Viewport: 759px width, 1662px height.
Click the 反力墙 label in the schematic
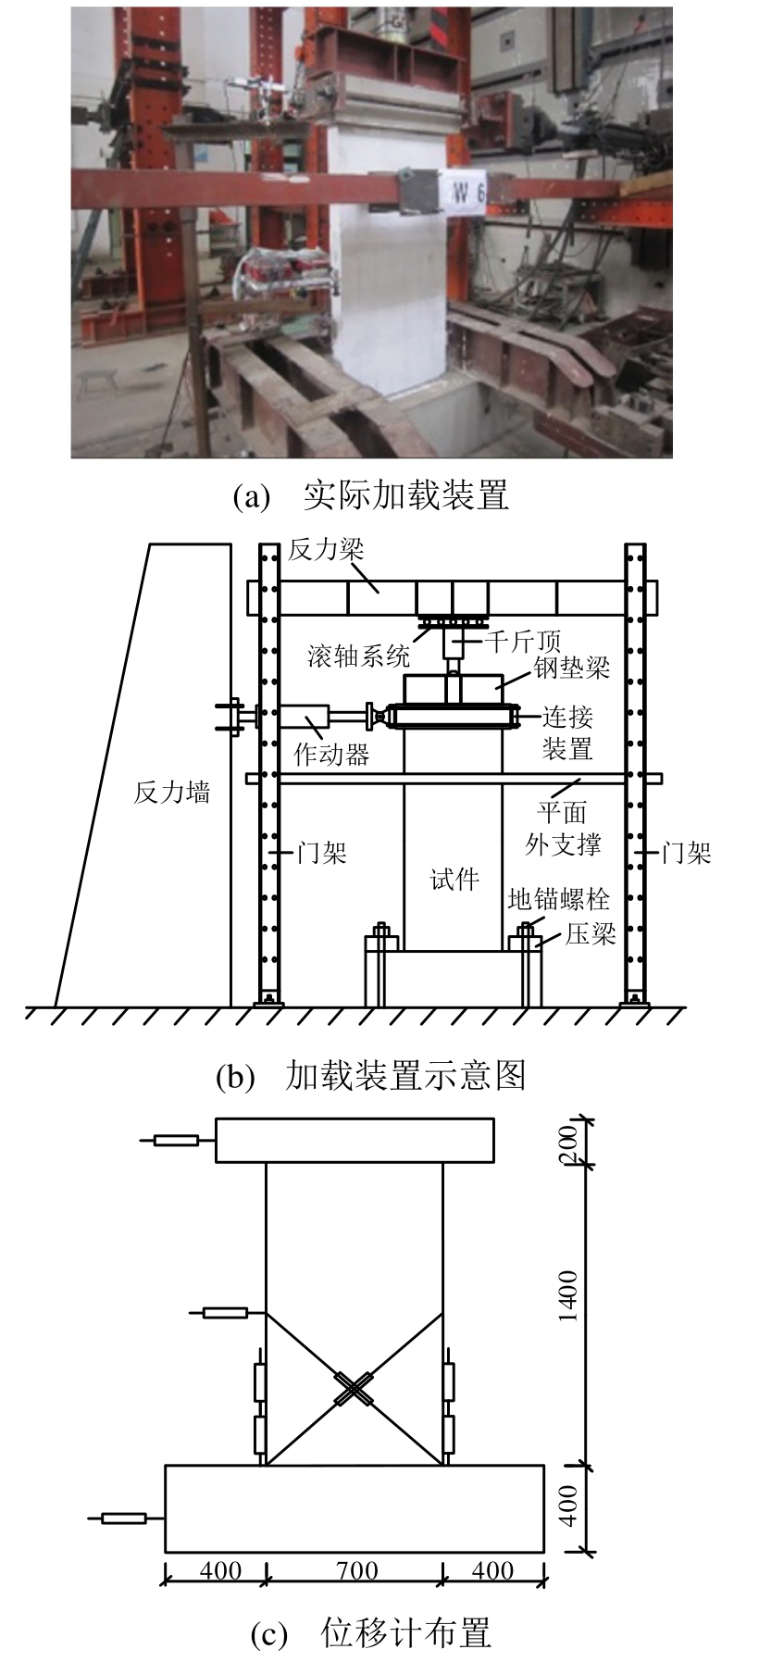(172, 793)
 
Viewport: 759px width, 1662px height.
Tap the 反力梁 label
(326, 550)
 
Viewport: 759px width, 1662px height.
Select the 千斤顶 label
(523, 640)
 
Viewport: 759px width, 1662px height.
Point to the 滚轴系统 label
(358, 657)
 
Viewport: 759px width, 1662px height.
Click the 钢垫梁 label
(572, 669)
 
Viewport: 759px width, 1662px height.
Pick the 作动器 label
(331, 755)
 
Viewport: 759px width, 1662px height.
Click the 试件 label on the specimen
(454, 879)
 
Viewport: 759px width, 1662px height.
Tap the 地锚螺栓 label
(558, 899)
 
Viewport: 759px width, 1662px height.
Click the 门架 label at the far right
(686, 853)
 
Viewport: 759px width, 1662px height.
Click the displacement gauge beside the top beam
(176, 1140)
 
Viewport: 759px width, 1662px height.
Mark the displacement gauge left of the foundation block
(124, 1518)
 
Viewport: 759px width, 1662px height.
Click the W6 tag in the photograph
(468, 193)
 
